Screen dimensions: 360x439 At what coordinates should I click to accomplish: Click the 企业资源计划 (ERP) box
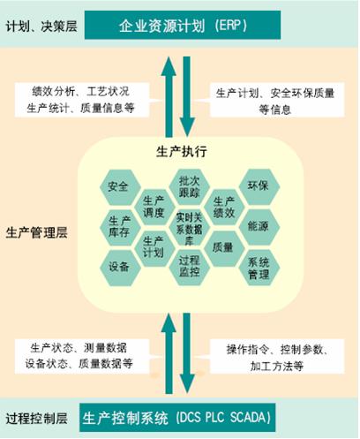click(x=183, y=25)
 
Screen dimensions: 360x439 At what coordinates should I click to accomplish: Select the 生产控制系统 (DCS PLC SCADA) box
click(x=177, y=418)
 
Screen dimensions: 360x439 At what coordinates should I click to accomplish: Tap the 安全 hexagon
click(x=119, y=186)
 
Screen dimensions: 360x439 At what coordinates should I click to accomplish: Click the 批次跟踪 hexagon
click(x=189, y=186)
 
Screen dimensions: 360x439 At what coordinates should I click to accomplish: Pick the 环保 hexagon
click(x=259, y=186)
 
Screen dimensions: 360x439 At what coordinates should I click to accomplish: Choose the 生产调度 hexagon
click(x=154, y=207)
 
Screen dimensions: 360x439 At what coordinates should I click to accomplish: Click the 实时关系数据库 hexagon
click(x=189, y=227)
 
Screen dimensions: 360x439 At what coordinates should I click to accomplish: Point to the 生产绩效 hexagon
click(x=224, y=207)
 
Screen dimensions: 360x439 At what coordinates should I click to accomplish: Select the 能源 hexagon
click(x=259, y=227)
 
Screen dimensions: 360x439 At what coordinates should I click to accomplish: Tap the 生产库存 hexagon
click(x=119, y=227)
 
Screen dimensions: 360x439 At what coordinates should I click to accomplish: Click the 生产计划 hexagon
click(x=154, y=248)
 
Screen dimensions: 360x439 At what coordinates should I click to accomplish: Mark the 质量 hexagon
click(x=224, y=248)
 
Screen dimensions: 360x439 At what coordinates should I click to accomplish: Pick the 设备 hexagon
click(x=119, y=268)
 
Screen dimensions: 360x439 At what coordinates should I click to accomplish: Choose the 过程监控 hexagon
click(x=189, y=268)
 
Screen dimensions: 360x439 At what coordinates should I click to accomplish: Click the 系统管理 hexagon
click(x=259, y=268)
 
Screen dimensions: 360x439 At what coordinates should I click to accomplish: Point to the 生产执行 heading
click(x=182, y=152)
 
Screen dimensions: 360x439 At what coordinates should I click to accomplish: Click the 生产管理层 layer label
click(x=37, y=232)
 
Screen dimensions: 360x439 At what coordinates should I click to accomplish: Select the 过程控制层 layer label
click(x=37, y=419)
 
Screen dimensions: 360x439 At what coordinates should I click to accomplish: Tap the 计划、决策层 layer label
click(x=41, y=26)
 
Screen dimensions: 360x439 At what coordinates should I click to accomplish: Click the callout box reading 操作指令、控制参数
click(x=277, y=357)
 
